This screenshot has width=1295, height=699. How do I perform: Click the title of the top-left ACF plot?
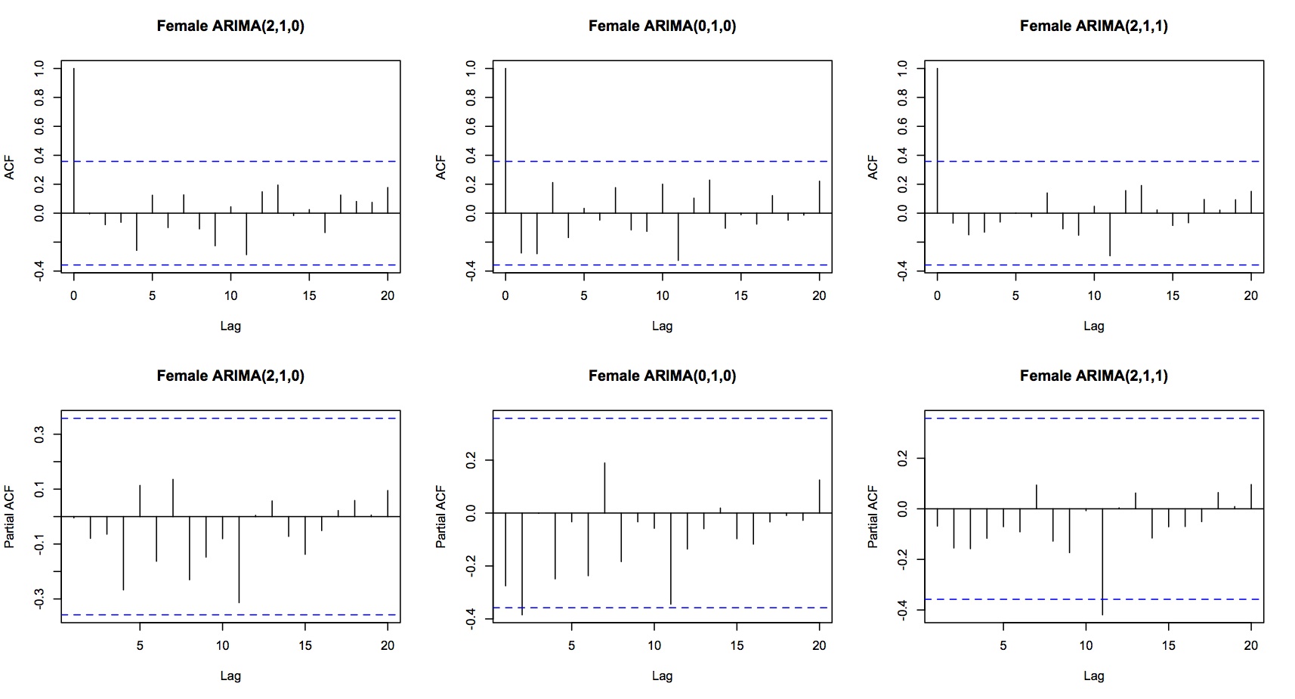[x=230, y=26]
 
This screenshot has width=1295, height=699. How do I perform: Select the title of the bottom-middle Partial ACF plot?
[x=662, y=376]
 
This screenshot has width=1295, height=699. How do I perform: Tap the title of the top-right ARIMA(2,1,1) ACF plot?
[x=1093, y=26]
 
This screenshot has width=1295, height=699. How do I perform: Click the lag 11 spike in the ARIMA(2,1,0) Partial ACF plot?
[x=239, y=559]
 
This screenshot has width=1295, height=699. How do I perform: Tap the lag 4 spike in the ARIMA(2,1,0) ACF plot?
[x=137, y=231]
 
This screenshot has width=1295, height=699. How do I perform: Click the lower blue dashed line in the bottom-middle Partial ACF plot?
[x=662, y=608]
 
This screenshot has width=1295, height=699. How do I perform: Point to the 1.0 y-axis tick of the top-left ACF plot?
[x=39, y=69]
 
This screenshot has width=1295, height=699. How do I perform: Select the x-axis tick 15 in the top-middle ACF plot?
[x=740, y=295]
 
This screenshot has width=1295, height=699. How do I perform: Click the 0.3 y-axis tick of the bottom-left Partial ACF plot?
[x=39, y=435]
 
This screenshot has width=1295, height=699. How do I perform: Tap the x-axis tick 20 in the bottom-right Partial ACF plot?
[x=1250, y=645]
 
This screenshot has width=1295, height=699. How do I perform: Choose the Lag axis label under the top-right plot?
[x=1093, y=326]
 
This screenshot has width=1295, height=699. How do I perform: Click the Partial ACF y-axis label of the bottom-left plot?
[x=10, y=516]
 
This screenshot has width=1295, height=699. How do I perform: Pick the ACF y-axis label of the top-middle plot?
[x=441, y=167]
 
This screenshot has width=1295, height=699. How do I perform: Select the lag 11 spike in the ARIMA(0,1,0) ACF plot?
[x=678, y=237]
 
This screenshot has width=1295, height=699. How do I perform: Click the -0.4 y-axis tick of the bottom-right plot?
[x=903, y=610]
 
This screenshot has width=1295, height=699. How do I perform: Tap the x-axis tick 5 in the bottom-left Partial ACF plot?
[x=140, y=645]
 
